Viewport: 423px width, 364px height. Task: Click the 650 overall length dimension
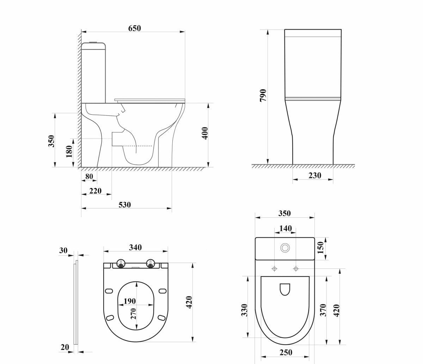tap(134, 28)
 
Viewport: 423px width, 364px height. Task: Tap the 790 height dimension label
tap(263, 95)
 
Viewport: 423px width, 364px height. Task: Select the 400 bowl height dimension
tap(205, 133)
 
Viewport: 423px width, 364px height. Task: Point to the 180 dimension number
tap(69, 152)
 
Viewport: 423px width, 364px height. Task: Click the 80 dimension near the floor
tap(89, 176)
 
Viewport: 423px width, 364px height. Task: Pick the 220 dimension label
tap(96, 191)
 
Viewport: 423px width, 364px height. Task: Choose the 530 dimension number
tap(125, 205)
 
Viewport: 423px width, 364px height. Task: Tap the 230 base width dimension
tap(315, 175)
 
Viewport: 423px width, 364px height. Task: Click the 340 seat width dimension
tap(135, 248)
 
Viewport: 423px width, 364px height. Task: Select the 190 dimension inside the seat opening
tap(130, 301)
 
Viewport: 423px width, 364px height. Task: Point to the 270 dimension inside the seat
tap(134, 313)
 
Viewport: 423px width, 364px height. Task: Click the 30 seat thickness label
tap(63, 250)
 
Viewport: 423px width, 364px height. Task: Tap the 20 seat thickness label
tap(65, 347)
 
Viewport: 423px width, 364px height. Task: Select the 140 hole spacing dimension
tap(286, 229)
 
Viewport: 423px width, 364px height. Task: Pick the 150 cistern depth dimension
tap(320, 247)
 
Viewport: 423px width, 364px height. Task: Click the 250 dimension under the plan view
tap(286, 352)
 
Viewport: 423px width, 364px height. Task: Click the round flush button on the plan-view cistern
tap(285, 248)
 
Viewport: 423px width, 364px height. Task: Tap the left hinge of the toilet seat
tap(121, 263)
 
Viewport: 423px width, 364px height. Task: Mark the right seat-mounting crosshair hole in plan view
tap(296, 269)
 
